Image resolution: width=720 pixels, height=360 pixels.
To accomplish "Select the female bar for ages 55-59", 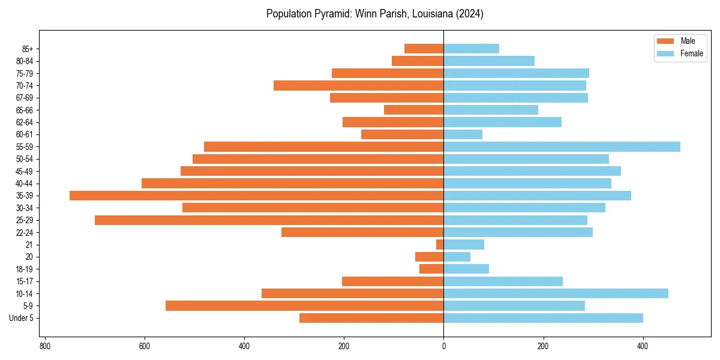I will point(562,147).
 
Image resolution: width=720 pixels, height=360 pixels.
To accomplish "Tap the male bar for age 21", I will point(440,245).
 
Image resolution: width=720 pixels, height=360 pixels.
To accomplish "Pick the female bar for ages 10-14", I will point(556,293).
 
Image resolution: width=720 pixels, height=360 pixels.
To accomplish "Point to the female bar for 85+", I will point(471,49).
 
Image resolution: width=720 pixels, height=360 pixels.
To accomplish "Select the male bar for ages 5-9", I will point(304,306).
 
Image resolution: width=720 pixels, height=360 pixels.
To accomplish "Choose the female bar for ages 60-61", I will point(463,134).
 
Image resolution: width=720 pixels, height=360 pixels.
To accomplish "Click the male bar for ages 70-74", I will point(358,86).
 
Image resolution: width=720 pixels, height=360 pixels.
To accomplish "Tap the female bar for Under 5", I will point(543,318).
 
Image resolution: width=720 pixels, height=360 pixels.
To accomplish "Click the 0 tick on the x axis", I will point(443,346).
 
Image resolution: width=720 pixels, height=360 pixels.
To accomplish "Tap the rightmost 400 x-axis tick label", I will point(643,346).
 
